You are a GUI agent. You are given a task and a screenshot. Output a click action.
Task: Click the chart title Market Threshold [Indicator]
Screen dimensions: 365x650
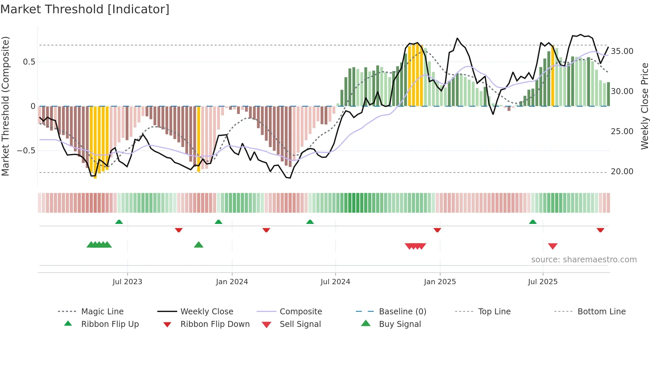coord(85,9)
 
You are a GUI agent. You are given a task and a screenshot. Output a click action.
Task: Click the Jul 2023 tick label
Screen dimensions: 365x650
coord(127,282)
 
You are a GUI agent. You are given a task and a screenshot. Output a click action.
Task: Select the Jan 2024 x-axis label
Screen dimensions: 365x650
coord(232,282)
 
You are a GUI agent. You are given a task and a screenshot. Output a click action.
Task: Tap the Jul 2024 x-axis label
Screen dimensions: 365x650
coord(335,282)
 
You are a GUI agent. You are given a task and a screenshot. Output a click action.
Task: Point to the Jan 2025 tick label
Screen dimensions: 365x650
coord(440,282)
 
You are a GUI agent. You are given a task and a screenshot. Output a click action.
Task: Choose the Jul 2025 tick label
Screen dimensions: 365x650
coord(543,282)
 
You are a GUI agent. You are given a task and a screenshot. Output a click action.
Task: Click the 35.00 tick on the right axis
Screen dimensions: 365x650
coord(622,51)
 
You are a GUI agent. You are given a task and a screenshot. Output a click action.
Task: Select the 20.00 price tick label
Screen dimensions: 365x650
coord(622,172)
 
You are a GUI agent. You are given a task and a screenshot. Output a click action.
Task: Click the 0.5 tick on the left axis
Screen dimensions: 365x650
coord(29,62)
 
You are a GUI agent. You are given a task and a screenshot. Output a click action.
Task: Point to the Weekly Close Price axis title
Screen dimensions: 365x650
coord(644,106)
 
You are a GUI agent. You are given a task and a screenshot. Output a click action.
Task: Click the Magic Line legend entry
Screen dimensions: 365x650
coord(102,312)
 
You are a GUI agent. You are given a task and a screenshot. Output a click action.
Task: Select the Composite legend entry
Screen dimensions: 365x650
coord(300,312)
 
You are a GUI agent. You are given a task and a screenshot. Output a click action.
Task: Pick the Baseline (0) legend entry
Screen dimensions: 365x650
coord(402,312)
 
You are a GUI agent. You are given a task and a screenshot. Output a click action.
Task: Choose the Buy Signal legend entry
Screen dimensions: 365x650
coord(400,324)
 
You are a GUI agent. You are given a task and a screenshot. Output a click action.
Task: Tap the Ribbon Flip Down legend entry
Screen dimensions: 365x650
coord(215,324)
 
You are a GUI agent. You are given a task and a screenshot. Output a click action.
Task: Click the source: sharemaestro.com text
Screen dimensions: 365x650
coord(584,260)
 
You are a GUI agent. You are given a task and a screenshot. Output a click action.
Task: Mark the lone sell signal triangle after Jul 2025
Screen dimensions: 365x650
coord(552,246)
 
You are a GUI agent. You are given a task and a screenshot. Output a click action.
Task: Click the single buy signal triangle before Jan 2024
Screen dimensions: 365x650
coord(199,245)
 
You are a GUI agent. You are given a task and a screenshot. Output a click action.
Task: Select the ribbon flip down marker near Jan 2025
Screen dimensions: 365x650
coord(437,230)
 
